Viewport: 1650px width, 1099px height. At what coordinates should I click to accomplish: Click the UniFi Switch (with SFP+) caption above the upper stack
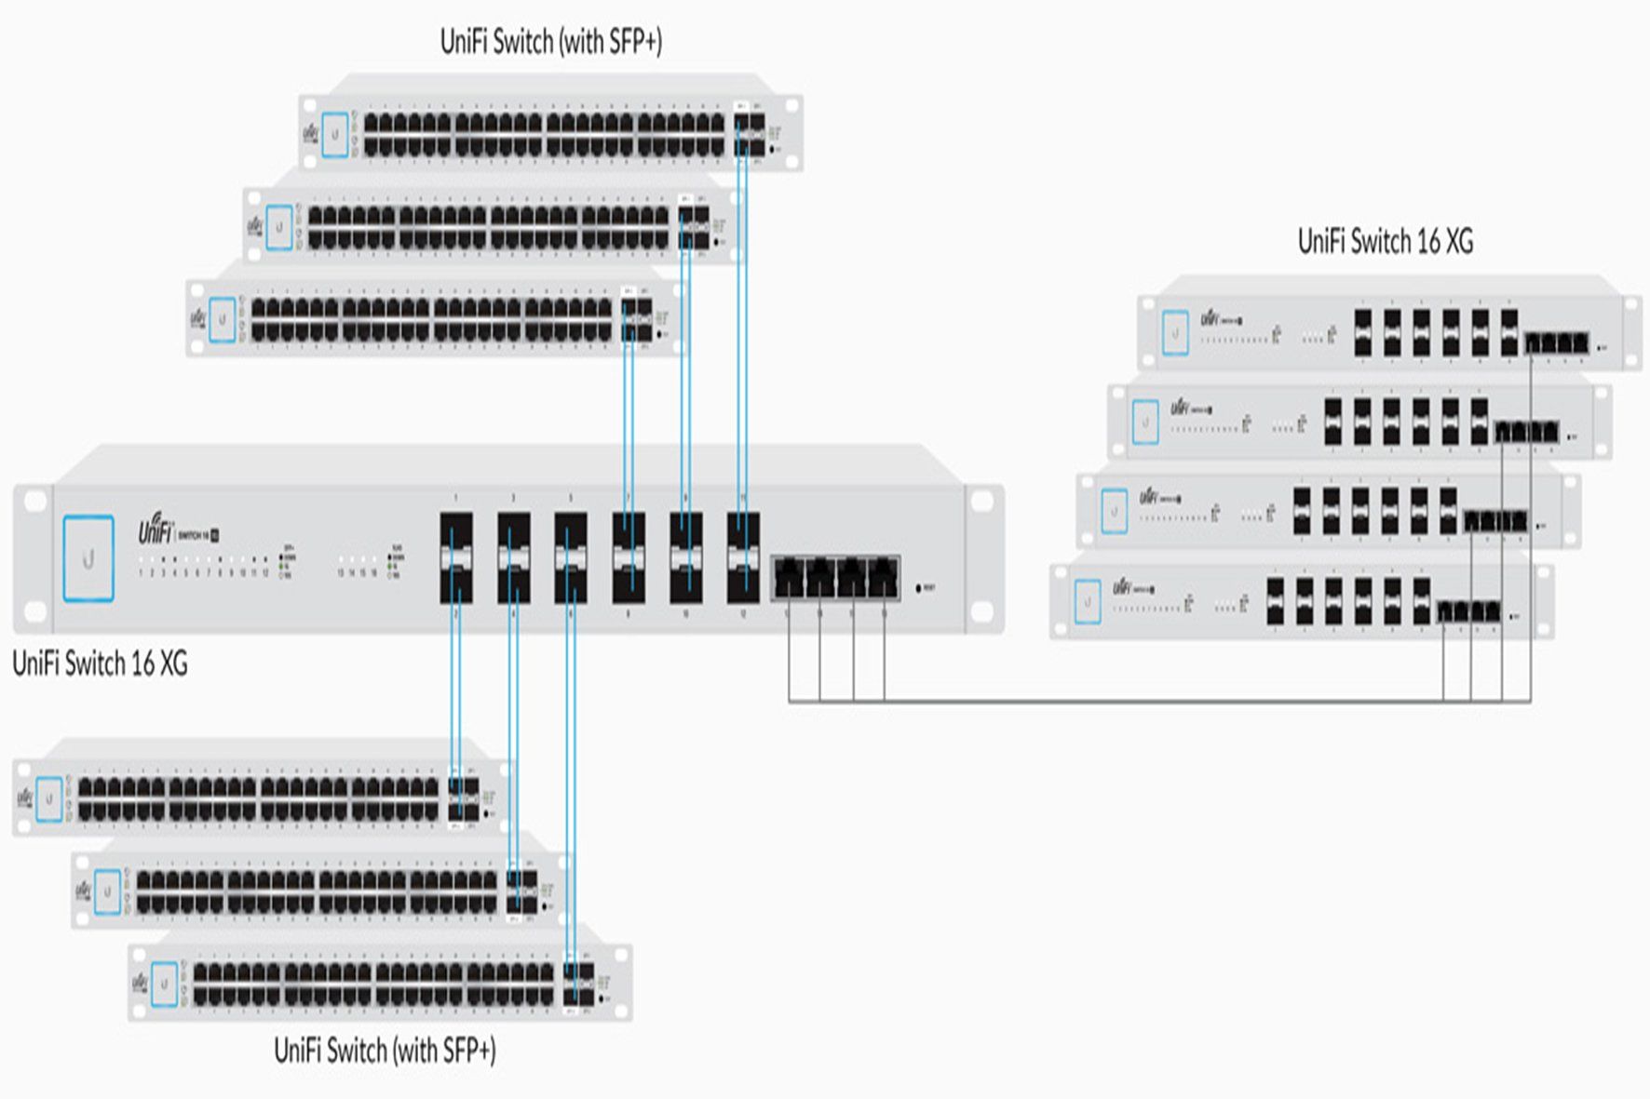[550, 42]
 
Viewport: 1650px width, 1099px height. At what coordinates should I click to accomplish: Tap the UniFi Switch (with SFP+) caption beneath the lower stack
[385, 1051]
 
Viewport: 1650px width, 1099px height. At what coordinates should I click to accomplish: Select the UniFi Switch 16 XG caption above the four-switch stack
[1385, 242]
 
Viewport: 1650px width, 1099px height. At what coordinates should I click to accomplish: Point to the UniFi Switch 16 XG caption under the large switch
[100, 663]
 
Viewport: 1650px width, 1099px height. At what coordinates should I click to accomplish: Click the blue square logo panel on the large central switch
[88, 558]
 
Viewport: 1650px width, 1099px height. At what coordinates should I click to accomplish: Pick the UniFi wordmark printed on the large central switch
[156, 531]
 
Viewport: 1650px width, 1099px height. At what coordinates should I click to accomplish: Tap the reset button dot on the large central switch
[919, 588]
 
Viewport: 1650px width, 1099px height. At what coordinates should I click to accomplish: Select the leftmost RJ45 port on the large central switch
[789, 578]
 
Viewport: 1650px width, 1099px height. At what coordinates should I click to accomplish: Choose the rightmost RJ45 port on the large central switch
[883, 578]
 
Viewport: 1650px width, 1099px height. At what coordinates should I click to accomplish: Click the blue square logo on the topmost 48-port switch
[335, 134]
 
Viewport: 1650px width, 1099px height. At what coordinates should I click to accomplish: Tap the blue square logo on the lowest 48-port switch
[164, 984]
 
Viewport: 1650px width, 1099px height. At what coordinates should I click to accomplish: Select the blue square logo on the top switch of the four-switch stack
[1175, 333]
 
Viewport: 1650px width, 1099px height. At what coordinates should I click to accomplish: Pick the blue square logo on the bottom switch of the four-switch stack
[1087, 601]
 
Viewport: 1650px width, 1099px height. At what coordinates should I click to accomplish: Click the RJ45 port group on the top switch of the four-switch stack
[1557, 342]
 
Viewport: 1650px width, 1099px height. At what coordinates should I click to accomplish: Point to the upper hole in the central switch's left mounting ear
[34, 501]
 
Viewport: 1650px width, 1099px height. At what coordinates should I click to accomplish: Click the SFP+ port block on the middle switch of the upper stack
[695, 227]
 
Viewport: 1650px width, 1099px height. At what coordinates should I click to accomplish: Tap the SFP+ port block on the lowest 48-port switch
[578, 984]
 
